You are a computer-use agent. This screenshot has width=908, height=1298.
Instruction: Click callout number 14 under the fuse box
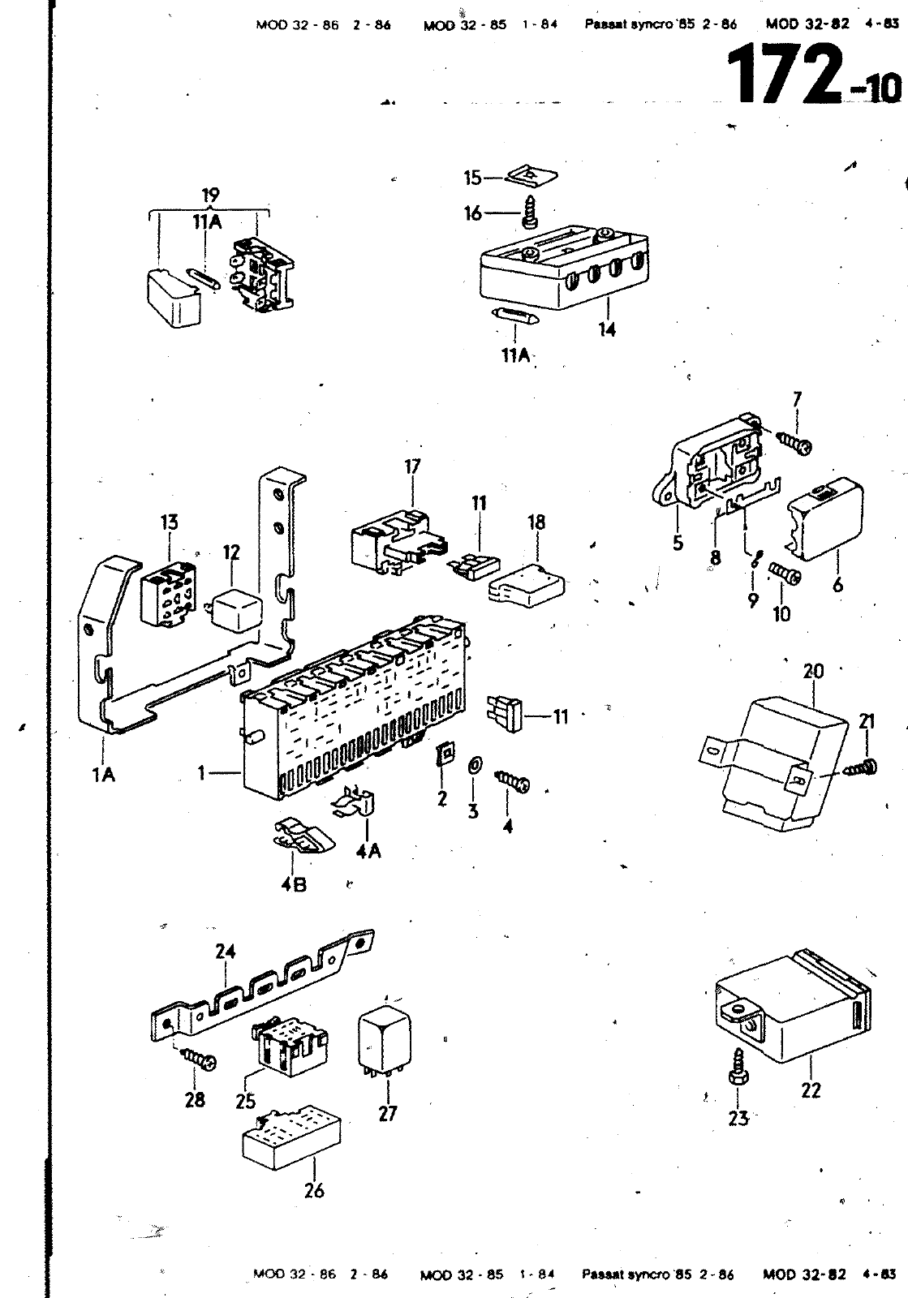coord(607,330)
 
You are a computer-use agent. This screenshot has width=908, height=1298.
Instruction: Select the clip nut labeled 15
coord(532,176)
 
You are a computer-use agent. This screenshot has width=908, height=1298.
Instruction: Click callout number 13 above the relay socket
coord(169,522)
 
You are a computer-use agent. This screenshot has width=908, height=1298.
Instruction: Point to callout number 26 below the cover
coord(314,1190)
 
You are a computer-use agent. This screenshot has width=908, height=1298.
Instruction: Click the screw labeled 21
coord(863,766)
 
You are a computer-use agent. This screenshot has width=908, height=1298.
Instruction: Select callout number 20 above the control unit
coord(813,672)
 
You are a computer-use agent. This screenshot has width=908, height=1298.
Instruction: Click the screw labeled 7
coord(795,441)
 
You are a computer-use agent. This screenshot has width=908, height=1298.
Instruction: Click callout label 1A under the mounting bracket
coord(103,775)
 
